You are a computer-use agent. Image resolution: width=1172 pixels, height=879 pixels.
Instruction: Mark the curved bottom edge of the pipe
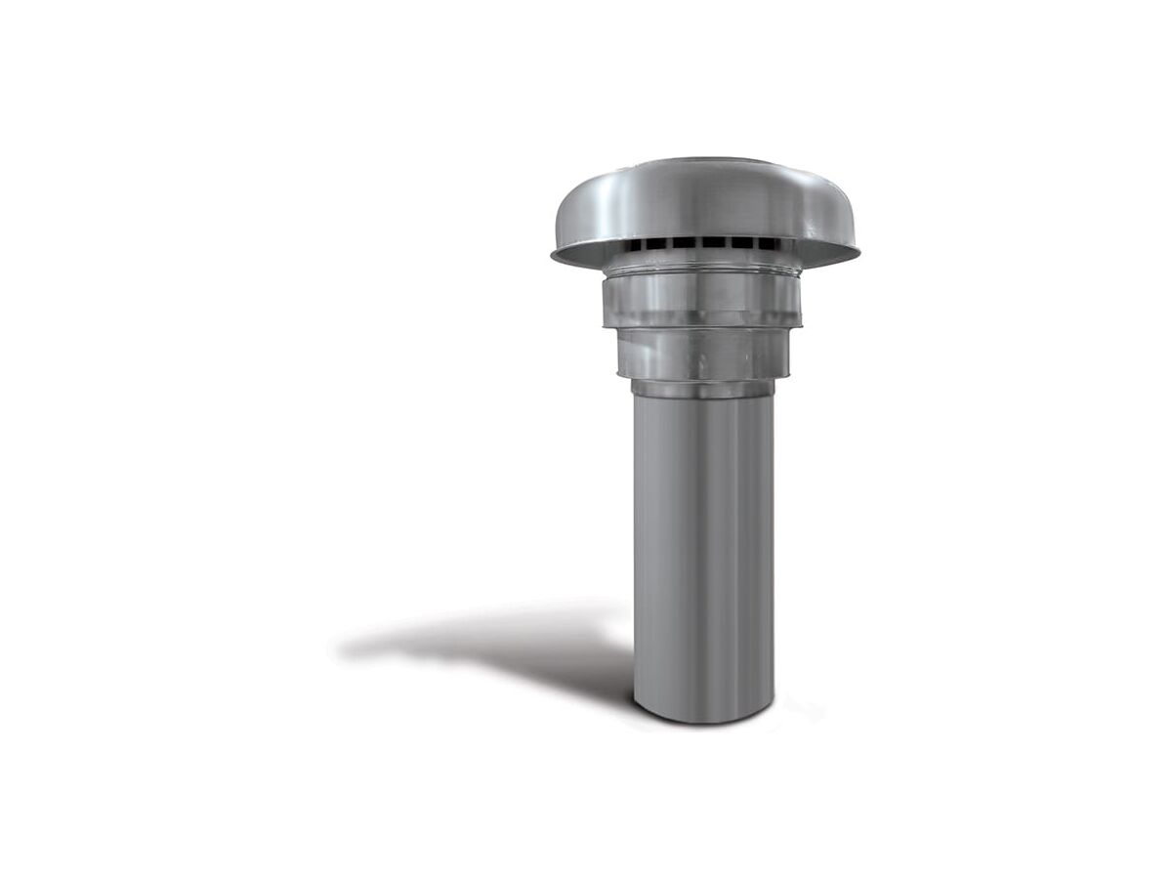pyautogui.click(x=703, y=721)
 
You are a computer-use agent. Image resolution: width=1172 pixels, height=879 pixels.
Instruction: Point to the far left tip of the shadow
pyautogui.click(x=342, y=646)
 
